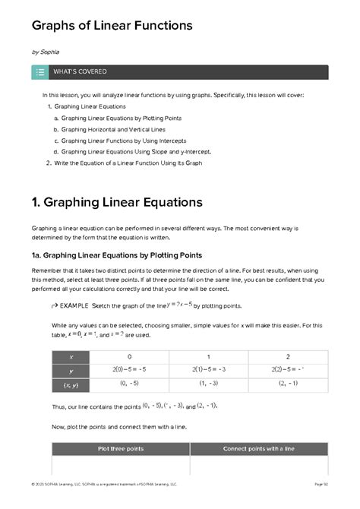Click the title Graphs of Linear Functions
click(x=111, y=27)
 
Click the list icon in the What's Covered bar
click(x=40, y=72)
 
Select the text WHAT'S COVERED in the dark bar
click(x=80, y=72)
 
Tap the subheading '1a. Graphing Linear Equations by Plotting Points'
click(x=116, y=254)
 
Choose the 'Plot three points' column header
click(x=120, y=448)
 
